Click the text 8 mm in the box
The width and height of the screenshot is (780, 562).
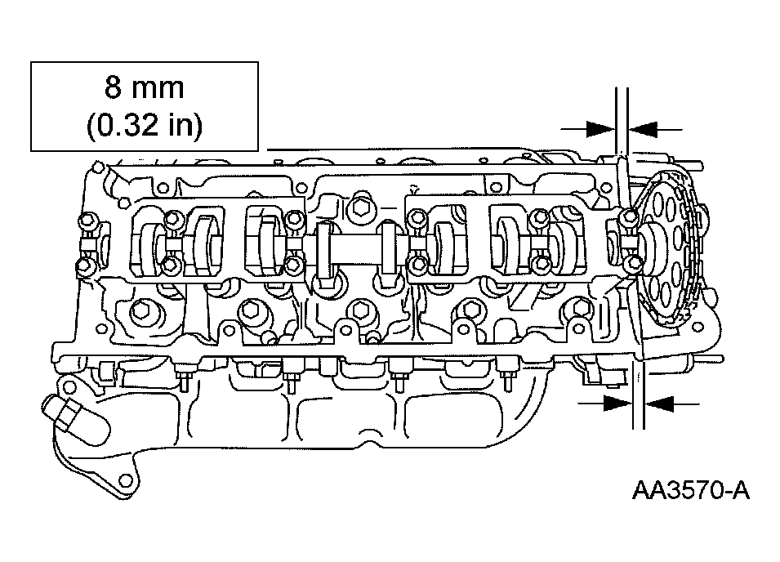145,87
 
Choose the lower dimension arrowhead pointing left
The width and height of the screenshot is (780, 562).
661,402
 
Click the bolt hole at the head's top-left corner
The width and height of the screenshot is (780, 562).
98,168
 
